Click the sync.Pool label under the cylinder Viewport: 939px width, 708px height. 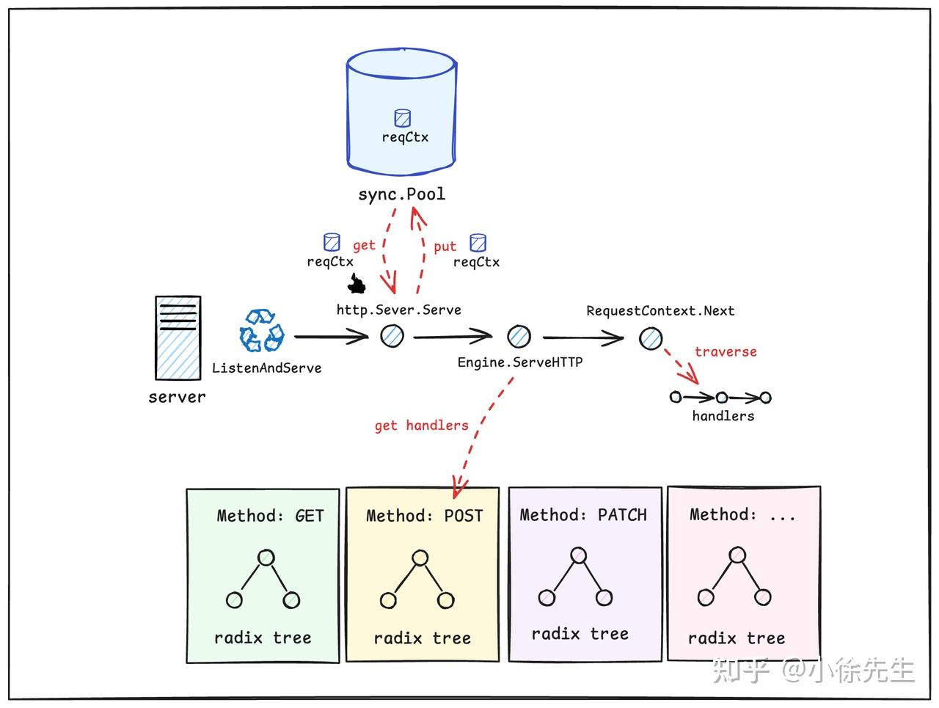pos(401,194)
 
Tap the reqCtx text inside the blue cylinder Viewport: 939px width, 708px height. pos(405,137)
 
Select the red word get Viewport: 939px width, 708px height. pos(364,245)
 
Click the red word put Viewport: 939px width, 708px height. pos(445,247)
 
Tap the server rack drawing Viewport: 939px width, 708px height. pos(178,337)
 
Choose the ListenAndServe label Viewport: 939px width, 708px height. pos(266,368)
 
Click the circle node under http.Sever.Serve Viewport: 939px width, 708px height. pos(392,336)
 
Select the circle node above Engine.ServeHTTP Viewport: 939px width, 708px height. pos(519,337)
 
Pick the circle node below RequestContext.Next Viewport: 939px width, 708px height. pos(651,338)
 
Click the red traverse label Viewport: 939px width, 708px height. pos(726,352)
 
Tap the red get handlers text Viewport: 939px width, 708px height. pos(421,426)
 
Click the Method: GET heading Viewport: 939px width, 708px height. pos(270,516)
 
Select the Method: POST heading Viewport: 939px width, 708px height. pos(425,516)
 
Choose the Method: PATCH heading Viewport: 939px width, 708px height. pos(583,515)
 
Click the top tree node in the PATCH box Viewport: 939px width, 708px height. pos(579,555)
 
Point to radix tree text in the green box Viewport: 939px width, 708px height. pos(263,638)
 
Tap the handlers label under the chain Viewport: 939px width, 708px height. pos(723,416)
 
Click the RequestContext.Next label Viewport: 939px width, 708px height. pos(660,311)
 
